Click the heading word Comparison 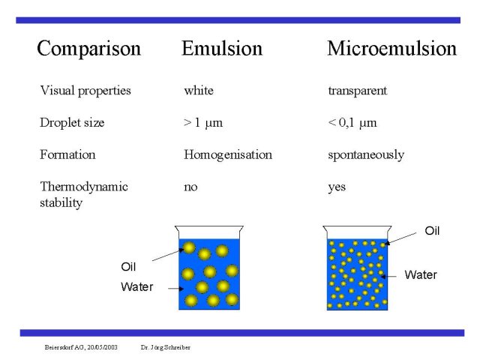click(x=88, y=49)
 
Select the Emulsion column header click(x=222, y=48)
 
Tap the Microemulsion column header click(x=391, y=48)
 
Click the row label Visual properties click(x=85, y=91)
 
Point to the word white click(x=199, y=91)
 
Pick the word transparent click(x=358, y=91)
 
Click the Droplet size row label click(x=72, y=123)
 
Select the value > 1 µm click(x=203, y=123)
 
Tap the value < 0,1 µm click(x=352, y=123)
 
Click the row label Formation click(x=67, y=154)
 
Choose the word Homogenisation click(x=228, y=155)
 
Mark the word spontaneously click(x=366, y=155)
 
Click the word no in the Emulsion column click(x=190, y=187)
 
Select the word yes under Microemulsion click(x=337, y=187)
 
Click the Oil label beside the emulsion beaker click(x=128, y=267)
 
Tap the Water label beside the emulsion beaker click(x=136, y=286)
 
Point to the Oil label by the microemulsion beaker click(x=432, y=231)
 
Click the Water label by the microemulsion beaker click(x=421, y=275)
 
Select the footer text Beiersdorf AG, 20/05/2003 click(x=81, y=347)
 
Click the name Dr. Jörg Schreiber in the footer click(x=166, y=347)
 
